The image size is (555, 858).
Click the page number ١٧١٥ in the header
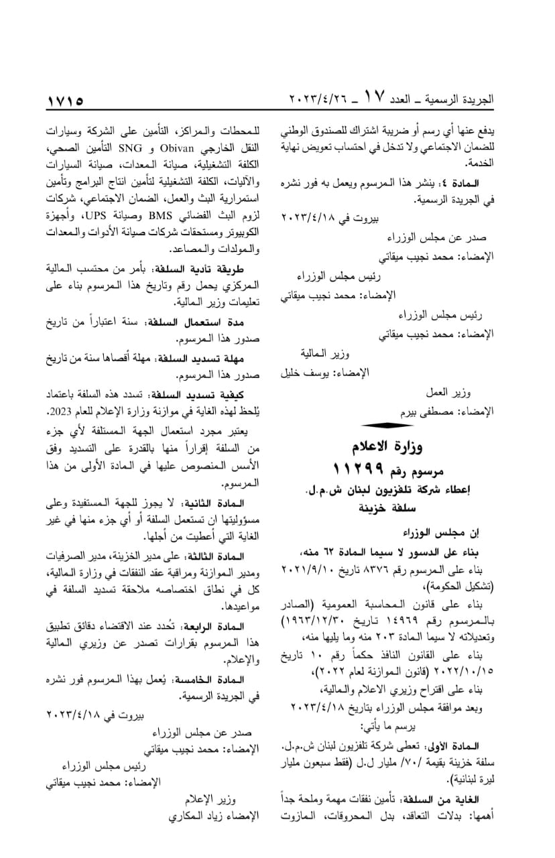(65, 101)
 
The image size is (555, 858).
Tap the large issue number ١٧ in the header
(374, 98)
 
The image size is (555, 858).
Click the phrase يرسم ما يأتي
(384, 727)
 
